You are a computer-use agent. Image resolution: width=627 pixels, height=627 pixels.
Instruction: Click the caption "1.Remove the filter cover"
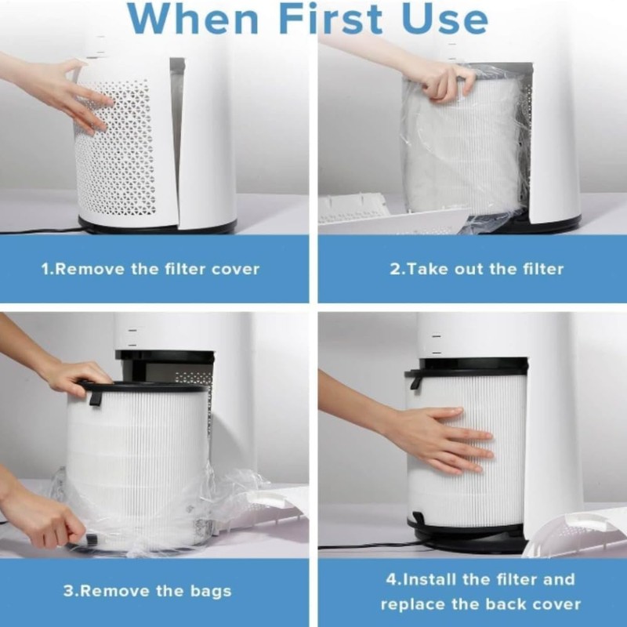tap(150, 269)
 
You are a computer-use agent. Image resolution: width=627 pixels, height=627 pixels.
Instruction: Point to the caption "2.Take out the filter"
tap(477, 269)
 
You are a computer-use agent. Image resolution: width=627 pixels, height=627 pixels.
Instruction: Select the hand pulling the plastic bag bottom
tap(43, 517)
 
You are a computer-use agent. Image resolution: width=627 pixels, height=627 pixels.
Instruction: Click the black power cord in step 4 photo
tap(361, 545)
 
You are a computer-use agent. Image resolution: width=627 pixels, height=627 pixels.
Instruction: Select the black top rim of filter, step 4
tap(467, 366)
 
